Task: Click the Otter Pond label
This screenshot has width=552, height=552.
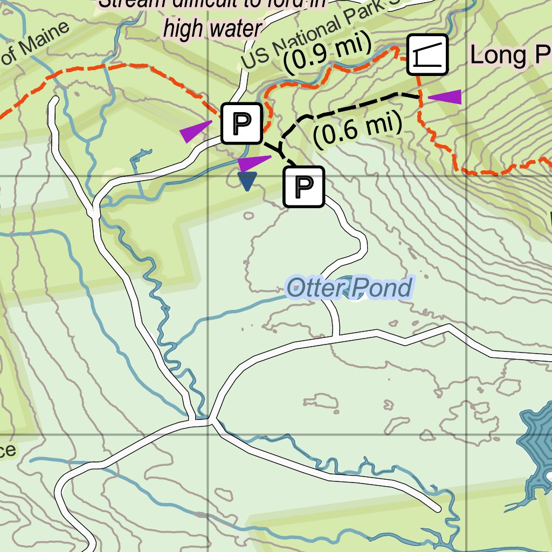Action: (349, 288)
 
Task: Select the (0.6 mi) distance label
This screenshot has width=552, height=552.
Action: (357, 130)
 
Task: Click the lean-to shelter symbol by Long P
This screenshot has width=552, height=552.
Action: (427, 54)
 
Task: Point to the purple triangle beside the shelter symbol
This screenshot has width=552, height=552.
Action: (446, 96)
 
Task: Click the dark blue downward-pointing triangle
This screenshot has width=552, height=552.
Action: (246, 181)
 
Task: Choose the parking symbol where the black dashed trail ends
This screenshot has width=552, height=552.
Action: (304, 187)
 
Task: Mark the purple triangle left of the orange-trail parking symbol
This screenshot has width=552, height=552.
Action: (194, 131)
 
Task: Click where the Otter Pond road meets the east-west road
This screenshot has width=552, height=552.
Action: (339, 335)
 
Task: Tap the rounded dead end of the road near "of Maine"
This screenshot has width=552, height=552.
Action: (54, 101)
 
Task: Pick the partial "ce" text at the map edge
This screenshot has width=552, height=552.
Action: (8, 451)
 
